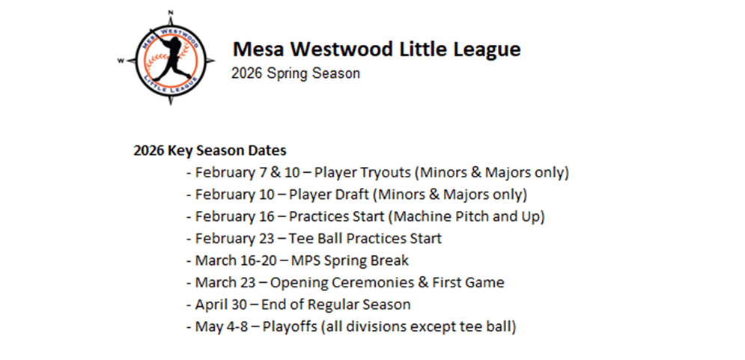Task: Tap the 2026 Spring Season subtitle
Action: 296,73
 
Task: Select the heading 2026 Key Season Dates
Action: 210,150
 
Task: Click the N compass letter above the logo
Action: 171,12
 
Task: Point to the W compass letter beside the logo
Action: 121,61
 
